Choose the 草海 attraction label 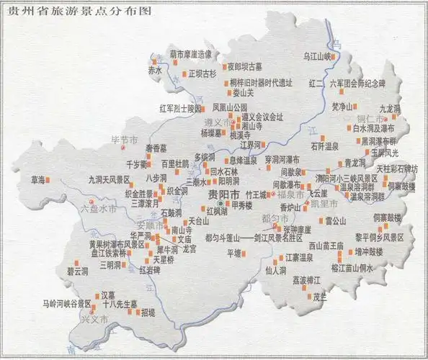tap(32, 179)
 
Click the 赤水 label tap(154, 70)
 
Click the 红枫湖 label tap(216, 212)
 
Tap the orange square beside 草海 tap(49, 179)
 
